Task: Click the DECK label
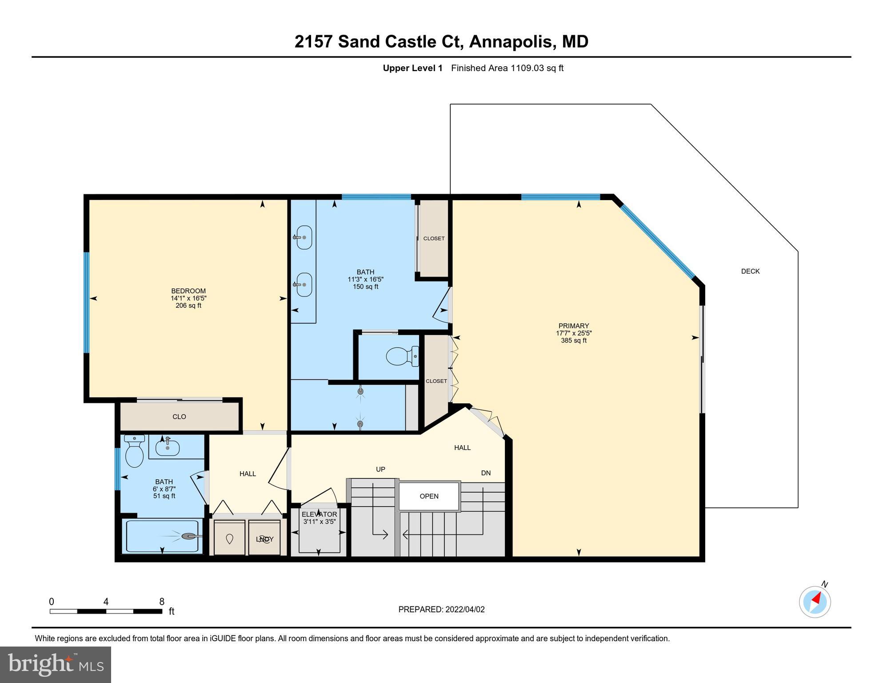click(x=750, y=271)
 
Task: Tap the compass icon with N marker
click(x=815, y=602)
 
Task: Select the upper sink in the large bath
click(x=304, y=237)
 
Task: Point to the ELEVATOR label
click(x=319, y=514)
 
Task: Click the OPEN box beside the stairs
click(x=429, y=496)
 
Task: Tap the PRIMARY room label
click(x=573, y=326)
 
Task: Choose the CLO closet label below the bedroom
click(x=179, y=417)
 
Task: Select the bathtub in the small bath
click(x=163, y=536)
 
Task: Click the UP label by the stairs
click(x=380, y=469)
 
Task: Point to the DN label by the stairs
click(x=486, y=473)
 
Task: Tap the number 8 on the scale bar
click(x=162, y=602)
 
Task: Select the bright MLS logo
click(x=56, y=664)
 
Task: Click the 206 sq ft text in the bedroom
click(x=188, y=305)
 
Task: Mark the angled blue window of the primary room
click(x=658, y=241)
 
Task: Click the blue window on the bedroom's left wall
click(x=87, y=303)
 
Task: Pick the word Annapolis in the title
click(x=512, y=41)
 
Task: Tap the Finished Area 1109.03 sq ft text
click(x=507, y=68)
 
